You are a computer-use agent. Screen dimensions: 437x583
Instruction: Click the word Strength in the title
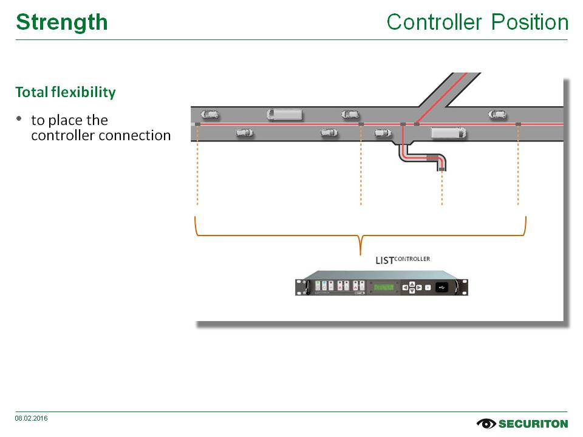(61, 22)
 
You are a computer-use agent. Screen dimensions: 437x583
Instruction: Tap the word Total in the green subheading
(31, 92)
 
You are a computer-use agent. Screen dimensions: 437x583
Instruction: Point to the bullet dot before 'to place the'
(19, 118)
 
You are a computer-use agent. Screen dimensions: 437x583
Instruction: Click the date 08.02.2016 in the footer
(32, 418)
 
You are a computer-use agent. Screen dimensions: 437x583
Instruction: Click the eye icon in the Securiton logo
(486, 423)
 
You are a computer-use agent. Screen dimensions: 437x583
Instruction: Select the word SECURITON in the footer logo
(533, 424)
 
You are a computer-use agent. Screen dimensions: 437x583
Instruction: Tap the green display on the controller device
(383, 287)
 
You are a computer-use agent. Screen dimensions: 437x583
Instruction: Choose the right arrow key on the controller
(418, 287)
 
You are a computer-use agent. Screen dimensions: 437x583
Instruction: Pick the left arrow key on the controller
(405, 287)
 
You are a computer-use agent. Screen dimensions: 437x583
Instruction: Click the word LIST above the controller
(384, 261)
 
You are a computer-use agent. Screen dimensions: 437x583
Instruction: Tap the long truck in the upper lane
(284, 113)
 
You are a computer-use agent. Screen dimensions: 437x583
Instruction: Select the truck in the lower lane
(448, 132)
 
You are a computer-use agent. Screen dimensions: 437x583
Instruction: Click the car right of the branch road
(497, 113)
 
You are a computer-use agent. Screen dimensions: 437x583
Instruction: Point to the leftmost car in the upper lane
(210, 113)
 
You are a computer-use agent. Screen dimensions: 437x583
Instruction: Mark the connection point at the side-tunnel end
(442, 169)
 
